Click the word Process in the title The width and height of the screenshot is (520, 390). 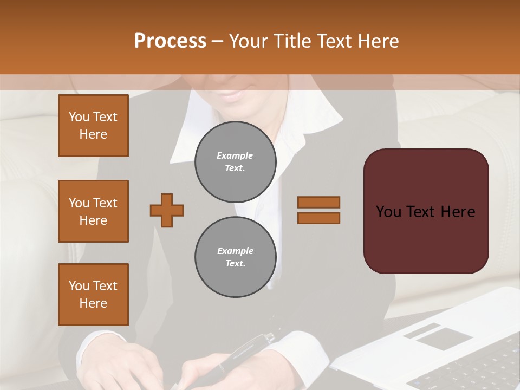click(170, 41)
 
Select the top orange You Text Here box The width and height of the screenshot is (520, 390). click(93, 126)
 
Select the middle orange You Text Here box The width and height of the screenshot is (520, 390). click(93, 211)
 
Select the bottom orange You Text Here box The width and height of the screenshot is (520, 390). click(93, 295)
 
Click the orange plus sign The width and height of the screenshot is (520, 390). click(167, 210)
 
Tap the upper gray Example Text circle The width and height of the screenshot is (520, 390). click(235, 162)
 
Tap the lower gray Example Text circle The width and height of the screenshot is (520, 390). click(235, 257)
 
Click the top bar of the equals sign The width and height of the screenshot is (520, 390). click(318, 202)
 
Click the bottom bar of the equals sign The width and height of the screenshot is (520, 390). click(318, 218)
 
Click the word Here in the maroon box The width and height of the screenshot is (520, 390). click(458, 212)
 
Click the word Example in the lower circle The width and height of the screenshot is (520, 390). click(235, 251)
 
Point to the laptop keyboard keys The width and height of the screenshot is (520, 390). click(477, 368)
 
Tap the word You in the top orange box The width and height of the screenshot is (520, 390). click(79, 117)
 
